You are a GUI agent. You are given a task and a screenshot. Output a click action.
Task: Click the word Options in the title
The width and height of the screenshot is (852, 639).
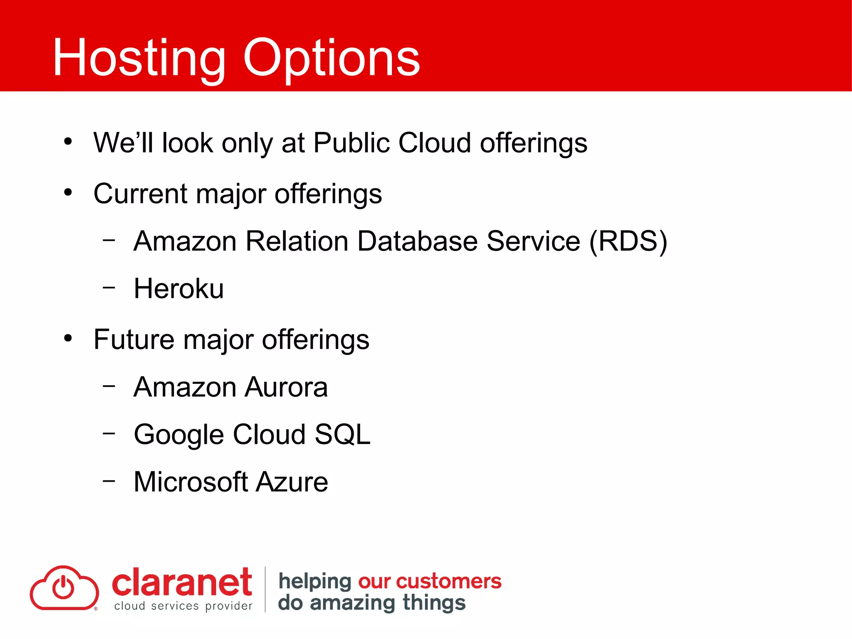click(x=332, y=58)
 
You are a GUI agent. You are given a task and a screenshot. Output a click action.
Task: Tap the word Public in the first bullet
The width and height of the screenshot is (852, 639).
click(x=351, y=143)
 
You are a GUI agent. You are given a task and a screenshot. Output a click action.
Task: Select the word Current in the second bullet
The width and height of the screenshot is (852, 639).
click(x=140, y=194)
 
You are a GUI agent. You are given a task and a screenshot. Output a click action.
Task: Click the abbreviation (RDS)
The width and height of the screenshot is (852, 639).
click(x=628, y=241)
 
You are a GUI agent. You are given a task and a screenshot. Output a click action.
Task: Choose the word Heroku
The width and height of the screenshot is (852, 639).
click(x=178, y=289)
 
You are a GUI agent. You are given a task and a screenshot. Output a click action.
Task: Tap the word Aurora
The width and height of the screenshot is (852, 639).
click(x=286, y=387)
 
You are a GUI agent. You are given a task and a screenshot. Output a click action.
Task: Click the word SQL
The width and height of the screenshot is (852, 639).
click(x=342, y=435)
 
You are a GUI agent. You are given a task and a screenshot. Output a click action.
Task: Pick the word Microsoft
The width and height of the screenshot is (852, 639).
click(x=191, y=482)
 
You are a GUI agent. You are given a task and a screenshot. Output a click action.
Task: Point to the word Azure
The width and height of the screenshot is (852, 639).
click(x=292, y=482)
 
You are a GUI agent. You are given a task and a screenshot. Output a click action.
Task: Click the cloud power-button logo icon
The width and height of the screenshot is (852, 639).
click(x=64, y=588)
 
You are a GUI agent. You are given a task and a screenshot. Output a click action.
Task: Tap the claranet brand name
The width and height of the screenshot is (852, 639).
click(x=182, y=582)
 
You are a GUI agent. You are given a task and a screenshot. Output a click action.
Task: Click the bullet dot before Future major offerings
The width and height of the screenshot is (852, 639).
click(x=68, y=338)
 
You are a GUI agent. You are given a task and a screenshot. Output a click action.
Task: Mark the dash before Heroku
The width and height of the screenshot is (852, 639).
click(x=109, y=287)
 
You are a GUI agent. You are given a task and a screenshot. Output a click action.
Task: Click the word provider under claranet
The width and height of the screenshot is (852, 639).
click(x=229, y=606)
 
